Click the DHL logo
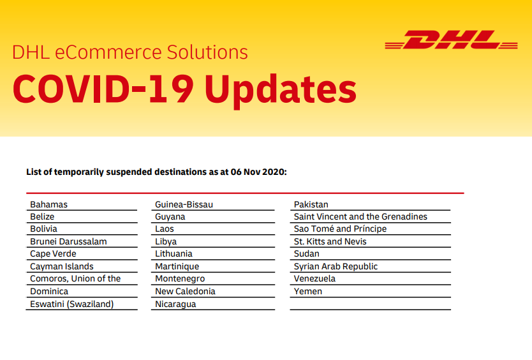451,40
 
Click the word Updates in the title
281,89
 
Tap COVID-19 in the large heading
103,88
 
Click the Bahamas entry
49,204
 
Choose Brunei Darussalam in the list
68,241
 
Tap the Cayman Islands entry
62,267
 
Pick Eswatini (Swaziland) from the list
72,304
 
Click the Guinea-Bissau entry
184,204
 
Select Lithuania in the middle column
174,253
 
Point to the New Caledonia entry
185,292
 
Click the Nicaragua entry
175,304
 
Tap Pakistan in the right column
311,204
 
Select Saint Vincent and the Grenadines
360,216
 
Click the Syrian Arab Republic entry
336,267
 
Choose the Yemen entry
308,292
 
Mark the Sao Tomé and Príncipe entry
340,229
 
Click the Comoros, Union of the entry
75,279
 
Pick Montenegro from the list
180,279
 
